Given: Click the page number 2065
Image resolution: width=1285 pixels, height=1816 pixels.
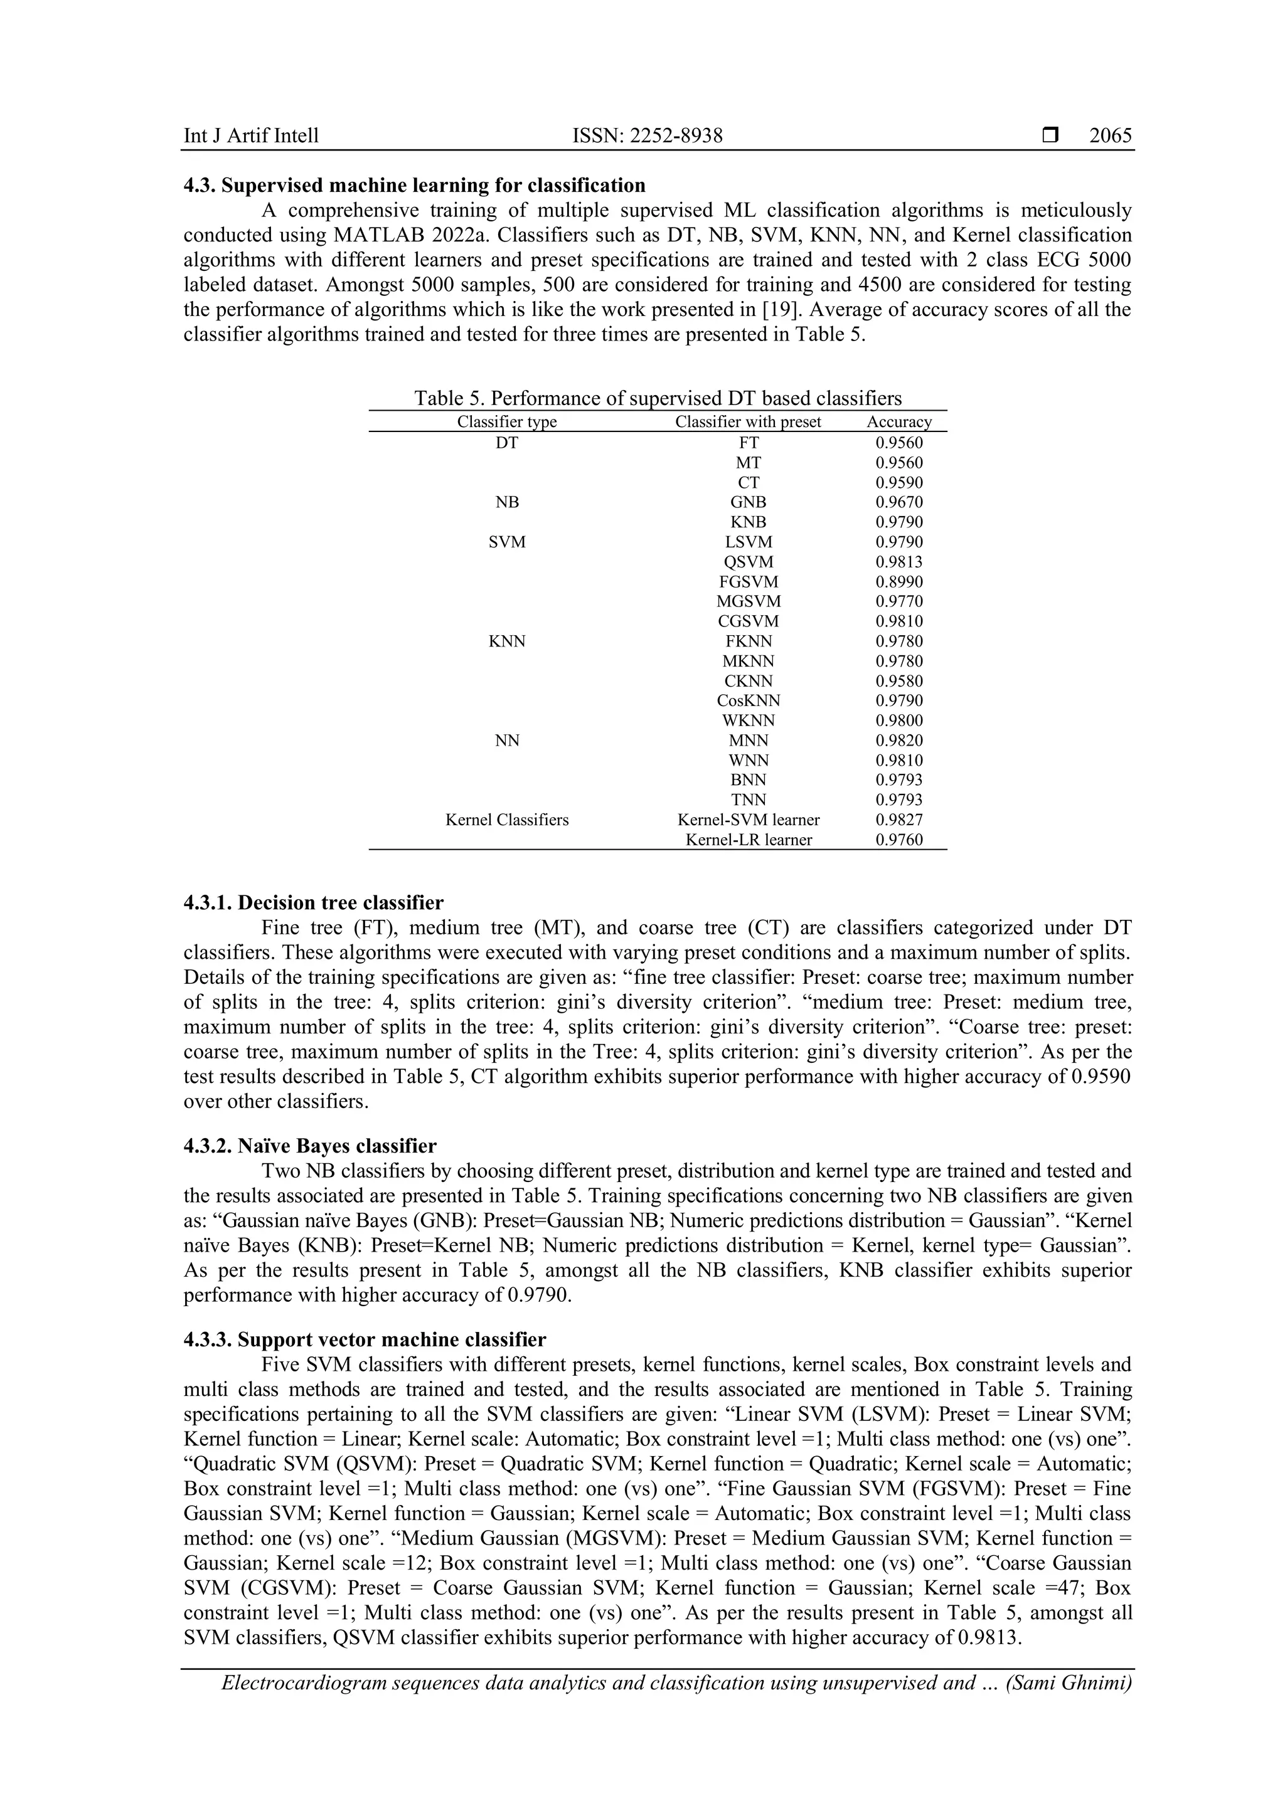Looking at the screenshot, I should pos(1109,136).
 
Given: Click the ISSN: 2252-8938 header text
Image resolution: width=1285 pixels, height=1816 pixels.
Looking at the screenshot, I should pos(648,136).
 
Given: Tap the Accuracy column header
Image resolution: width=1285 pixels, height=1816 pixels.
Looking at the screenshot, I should pos(899,423).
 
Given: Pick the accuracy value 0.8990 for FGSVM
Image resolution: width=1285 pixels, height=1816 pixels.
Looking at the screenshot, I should pos(899,582).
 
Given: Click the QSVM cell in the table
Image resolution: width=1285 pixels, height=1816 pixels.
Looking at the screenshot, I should pos(748,562).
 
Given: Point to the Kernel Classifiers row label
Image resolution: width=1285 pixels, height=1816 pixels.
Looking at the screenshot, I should pos(506,820).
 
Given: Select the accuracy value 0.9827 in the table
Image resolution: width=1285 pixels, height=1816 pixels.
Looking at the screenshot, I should pos(899,820).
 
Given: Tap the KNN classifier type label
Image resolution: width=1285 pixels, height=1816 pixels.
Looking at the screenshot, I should pos(506,641).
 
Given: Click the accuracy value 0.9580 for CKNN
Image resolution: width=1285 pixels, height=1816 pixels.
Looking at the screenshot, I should pos(899,681).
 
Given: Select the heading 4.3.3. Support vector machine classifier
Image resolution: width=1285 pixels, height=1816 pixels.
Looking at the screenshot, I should pos(364,1340).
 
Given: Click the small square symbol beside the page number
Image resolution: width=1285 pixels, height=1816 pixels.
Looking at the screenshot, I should pos(1050,136).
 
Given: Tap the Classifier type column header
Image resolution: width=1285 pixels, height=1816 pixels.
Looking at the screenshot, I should pos(506,423).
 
